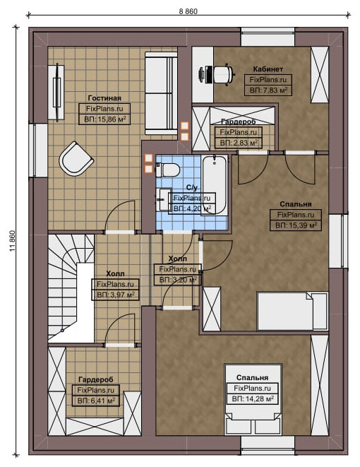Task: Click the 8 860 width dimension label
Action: pyautogui.click(x=188, y=11)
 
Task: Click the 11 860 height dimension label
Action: pyautogui.click(x=12, y=241)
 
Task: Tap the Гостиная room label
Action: pyautogui.click(x=104, y=98)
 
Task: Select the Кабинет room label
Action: pyautogui.click(x=268, y=69)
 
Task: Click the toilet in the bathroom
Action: pyautogui.click(x=167, y=170)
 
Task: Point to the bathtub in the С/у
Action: pyautogui.click(x=215, y=184)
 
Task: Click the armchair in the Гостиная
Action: pyautogui.click(x=76, y=159)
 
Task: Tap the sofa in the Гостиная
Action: pyautogui.click(x=161, y=93)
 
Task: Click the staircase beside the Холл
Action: pyautogui.click(x=71, y=288)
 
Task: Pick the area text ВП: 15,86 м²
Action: pyautogui.click(x=105, y=119)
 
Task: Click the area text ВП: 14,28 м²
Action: pyautogui.click(x=253, y=398)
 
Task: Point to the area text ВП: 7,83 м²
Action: pyautogui.click(x=268, y=90)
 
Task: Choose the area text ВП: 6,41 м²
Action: pyautogui.click(x=96, y=401)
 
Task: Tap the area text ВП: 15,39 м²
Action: pyautogui.click(x=296, y=225)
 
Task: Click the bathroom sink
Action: pyautogui.click(x=163, y=199)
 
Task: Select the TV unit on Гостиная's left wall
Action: pyautogui.click(x=56, y=93)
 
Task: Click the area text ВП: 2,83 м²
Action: pyautogui.click(x=239, y=143)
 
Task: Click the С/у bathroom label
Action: pyautogui.click(x=192, y=187)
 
